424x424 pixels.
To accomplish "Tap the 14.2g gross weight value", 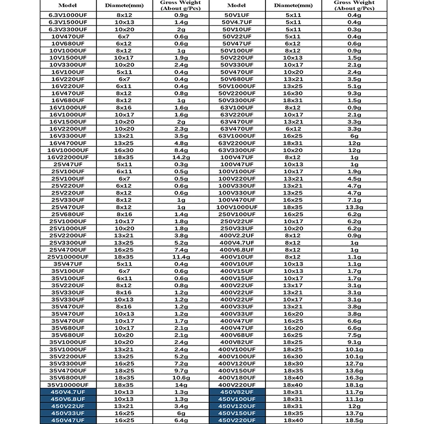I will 179,157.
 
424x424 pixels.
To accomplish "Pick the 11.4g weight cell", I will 179,256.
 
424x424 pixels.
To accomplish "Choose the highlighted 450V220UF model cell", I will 237,419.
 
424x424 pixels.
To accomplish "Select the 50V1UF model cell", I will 237,16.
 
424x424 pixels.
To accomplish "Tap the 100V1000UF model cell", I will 237,207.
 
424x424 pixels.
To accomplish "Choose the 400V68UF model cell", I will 237,334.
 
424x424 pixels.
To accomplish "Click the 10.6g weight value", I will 179,377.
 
